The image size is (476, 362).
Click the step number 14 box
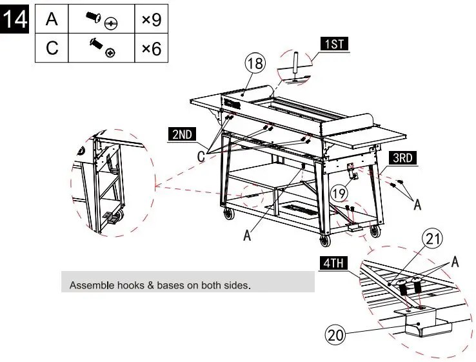point(14,19)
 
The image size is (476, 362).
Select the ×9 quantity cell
point(151,19)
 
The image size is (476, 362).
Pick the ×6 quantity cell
point(151,48)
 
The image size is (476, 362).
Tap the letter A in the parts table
point(52,19)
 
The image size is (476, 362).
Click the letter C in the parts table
point(52,48)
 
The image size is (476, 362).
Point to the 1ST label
point(334,44)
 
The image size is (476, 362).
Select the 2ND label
point(182,134)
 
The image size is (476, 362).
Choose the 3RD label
point(402,158)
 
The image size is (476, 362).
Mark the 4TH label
point(333,263)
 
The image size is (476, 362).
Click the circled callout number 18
point(255,63)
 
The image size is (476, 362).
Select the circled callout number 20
point(335,336)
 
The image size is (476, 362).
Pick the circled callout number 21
point(433,239)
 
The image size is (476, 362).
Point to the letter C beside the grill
point(201,157)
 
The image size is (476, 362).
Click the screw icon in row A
point(93,17)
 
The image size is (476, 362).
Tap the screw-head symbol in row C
point(110,53)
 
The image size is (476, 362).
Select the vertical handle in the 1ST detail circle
point(295,63)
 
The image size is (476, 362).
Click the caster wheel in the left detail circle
point(120,216)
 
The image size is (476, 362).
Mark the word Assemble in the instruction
point(88,285)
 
